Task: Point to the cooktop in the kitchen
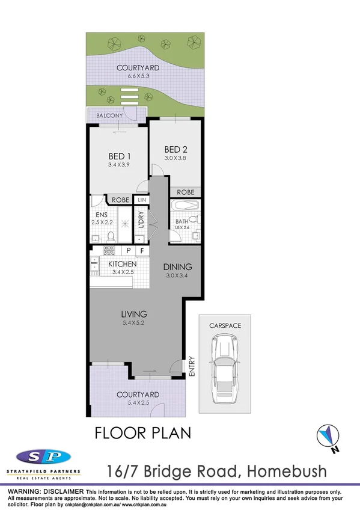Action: coord(109,250)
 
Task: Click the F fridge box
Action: coord(142,251)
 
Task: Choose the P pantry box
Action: coord(128,251)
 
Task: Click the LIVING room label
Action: coord(133,314)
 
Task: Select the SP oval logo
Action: coord(44,455)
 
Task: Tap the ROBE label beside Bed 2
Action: coord(185,192)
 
